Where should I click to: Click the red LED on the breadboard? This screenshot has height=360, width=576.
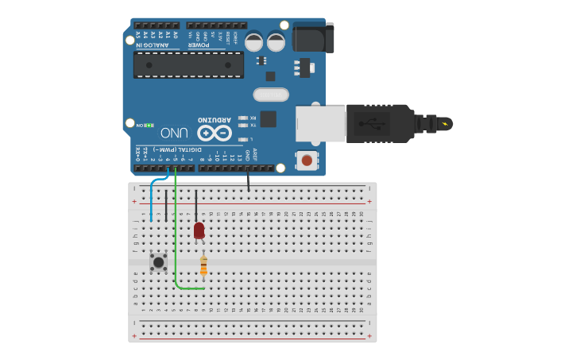click(x=199, y=230)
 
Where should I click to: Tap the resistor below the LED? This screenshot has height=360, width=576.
click(x=204, y=265)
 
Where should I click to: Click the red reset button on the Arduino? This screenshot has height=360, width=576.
click(x=307, y=161)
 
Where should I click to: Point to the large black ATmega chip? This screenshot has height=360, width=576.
click(x=188, y=65)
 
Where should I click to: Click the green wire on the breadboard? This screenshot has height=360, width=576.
click(x=176, y=238)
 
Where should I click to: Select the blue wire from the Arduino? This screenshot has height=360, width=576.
click(x=152, y=195)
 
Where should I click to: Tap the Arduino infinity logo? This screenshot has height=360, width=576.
click(x=215, y=133)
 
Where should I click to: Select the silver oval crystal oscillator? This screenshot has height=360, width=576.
click(x=271, y=95)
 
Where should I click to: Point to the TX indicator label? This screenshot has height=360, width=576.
click(x=253, y=125)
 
